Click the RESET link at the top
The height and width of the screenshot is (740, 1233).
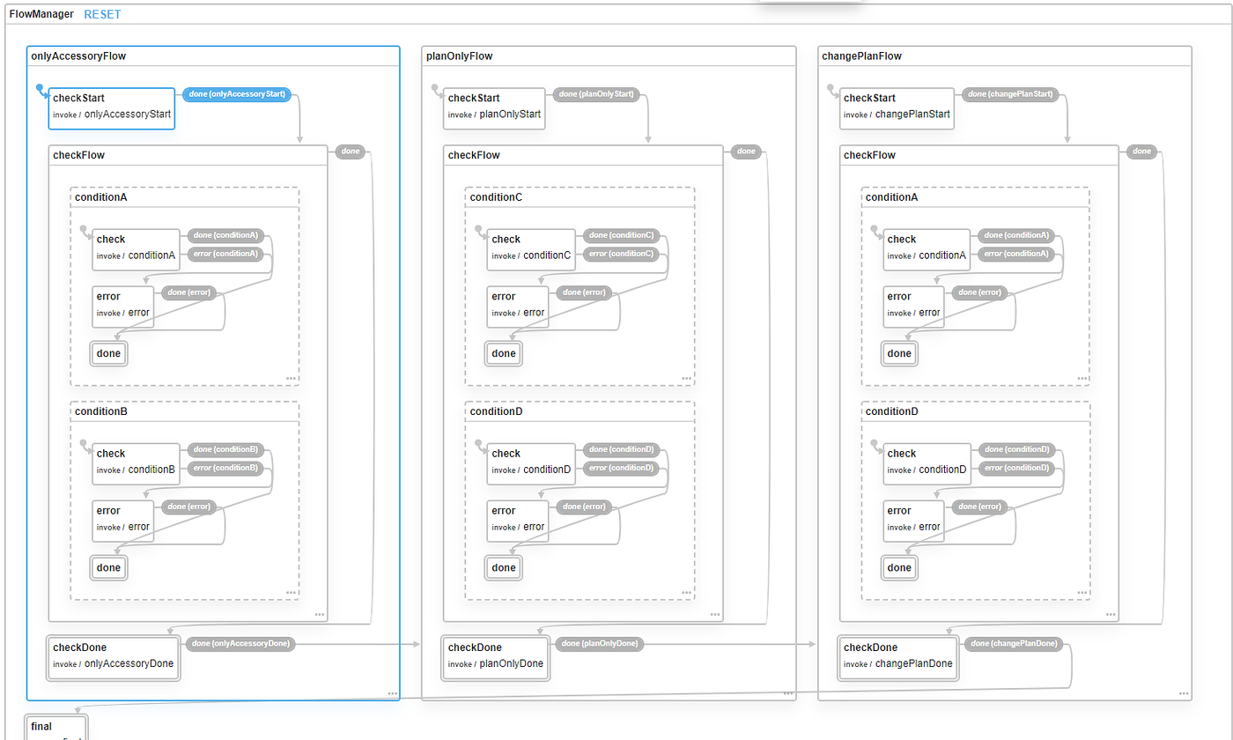102,14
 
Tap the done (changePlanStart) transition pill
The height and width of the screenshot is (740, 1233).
1009,93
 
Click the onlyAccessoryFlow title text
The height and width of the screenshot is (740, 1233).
78,55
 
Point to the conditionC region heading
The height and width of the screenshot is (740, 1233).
496,197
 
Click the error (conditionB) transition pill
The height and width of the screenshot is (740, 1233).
225,468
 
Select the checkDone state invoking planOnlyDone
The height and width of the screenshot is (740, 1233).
495,656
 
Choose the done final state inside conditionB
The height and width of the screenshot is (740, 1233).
109,568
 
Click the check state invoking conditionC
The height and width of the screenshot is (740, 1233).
532,248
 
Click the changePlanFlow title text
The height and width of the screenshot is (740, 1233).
860,55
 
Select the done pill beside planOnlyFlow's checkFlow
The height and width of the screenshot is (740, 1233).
745,152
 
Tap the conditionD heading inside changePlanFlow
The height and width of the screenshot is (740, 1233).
891,411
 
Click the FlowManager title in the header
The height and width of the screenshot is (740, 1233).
41,14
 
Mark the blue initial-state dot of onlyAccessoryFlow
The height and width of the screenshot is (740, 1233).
40,88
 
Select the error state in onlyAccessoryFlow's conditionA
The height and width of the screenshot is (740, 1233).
122,305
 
